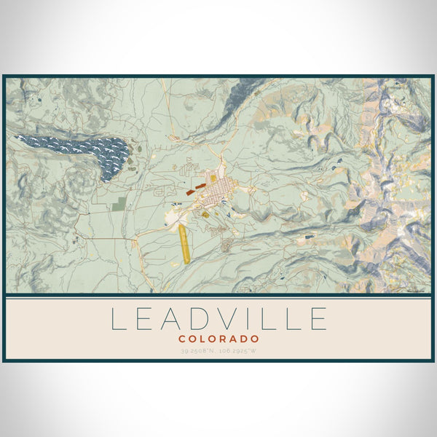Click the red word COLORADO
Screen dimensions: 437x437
point(219,339)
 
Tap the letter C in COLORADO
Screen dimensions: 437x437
point(181,339)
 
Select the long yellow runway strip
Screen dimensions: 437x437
point(184,243)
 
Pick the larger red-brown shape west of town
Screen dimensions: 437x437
point(190,192)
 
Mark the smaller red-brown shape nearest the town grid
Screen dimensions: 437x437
point(201,186)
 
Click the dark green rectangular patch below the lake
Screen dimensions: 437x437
point(119,205)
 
